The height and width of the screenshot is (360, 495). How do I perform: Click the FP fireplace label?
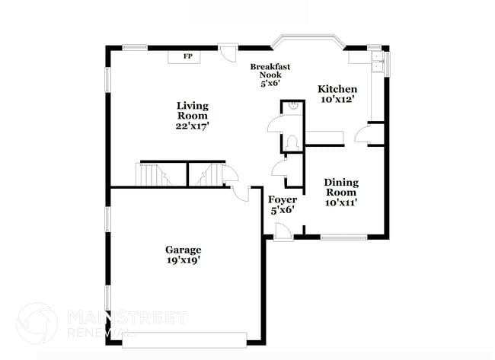(x=187, y=56)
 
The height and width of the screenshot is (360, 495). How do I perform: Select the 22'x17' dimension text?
(x=192, y=126)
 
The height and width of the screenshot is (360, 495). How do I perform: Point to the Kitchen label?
(x=337, y=90)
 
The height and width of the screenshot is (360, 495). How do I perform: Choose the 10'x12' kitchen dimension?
(x=337, y=100)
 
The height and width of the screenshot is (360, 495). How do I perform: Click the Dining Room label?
(x=341, y=187)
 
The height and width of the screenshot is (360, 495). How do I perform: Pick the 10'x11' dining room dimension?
(x=341, y=202)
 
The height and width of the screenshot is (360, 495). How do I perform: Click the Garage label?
(x=184, y=250)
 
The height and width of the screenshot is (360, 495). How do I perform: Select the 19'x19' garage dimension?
(x=184, y=260)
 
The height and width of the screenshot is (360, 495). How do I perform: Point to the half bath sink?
(x=292, y=109)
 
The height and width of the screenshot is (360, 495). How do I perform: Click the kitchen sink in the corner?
(x=376, y=61)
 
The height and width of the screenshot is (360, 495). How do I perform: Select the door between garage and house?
(x=241, y=193)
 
